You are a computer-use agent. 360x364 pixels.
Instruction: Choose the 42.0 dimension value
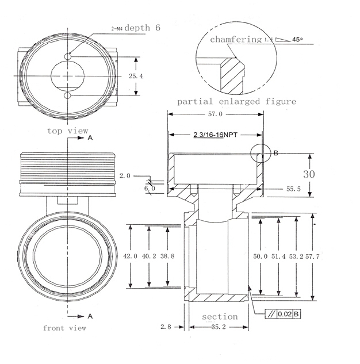point(131,256)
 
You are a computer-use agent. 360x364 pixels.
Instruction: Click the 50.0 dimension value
point(261,256)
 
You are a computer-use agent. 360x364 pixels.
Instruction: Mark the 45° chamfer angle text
point(297,40)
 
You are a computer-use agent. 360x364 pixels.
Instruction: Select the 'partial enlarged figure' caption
point(236,101)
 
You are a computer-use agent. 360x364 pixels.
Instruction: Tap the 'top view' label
point(68,131)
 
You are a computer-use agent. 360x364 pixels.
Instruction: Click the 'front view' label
point(65,328)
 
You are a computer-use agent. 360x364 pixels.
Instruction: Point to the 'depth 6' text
point(142,28)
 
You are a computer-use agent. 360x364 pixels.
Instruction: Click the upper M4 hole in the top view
point(68,57)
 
